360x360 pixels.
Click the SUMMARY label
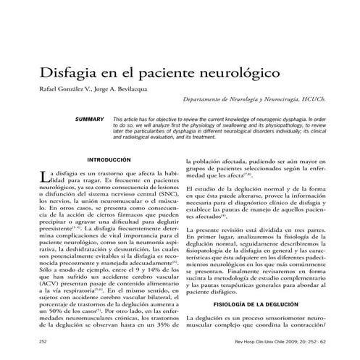(x=90, y=118)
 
